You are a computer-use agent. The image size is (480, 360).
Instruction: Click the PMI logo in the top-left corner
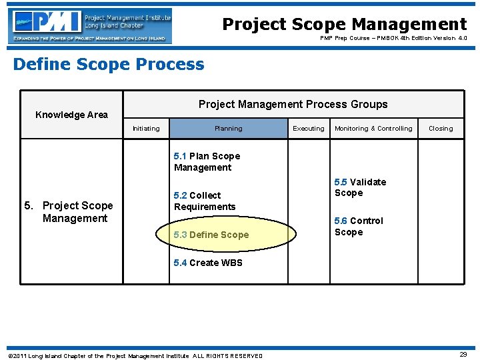click(x=90, y=26)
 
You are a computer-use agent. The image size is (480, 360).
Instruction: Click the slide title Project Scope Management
click(x=344, y=25)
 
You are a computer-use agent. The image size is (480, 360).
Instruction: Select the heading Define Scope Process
click(x=109, y=65)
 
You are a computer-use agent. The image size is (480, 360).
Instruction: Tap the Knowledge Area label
click(x=71, y=115)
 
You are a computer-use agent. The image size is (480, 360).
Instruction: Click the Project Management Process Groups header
click(x=293, y=104)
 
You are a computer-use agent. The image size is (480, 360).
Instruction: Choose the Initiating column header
click(x=146, y=129)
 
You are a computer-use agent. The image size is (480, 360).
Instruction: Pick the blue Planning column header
click(x=228, y=129)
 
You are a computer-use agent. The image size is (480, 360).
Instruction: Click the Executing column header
click(x=309, y=129)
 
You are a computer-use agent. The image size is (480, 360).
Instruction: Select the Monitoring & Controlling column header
click(x=373, y=129)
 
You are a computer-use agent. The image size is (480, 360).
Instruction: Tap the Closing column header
click(x=440, y=129)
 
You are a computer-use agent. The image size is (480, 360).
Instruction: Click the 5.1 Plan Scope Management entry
click(x=207, y=162)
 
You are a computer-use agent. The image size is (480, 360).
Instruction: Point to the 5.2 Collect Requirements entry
click(x=204, y=201)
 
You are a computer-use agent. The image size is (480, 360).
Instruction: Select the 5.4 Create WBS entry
click(x=208, y=263)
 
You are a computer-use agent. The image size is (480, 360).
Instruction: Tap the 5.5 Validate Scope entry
click(x=360, y=187)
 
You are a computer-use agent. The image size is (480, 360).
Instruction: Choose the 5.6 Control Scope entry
click(x=359, y=227)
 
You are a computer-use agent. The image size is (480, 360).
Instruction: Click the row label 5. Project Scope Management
click(x=70, y=212)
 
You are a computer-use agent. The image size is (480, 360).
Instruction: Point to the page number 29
click(x=463, y=355)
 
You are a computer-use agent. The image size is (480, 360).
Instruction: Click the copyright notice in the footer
click(x=135, y=355)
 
